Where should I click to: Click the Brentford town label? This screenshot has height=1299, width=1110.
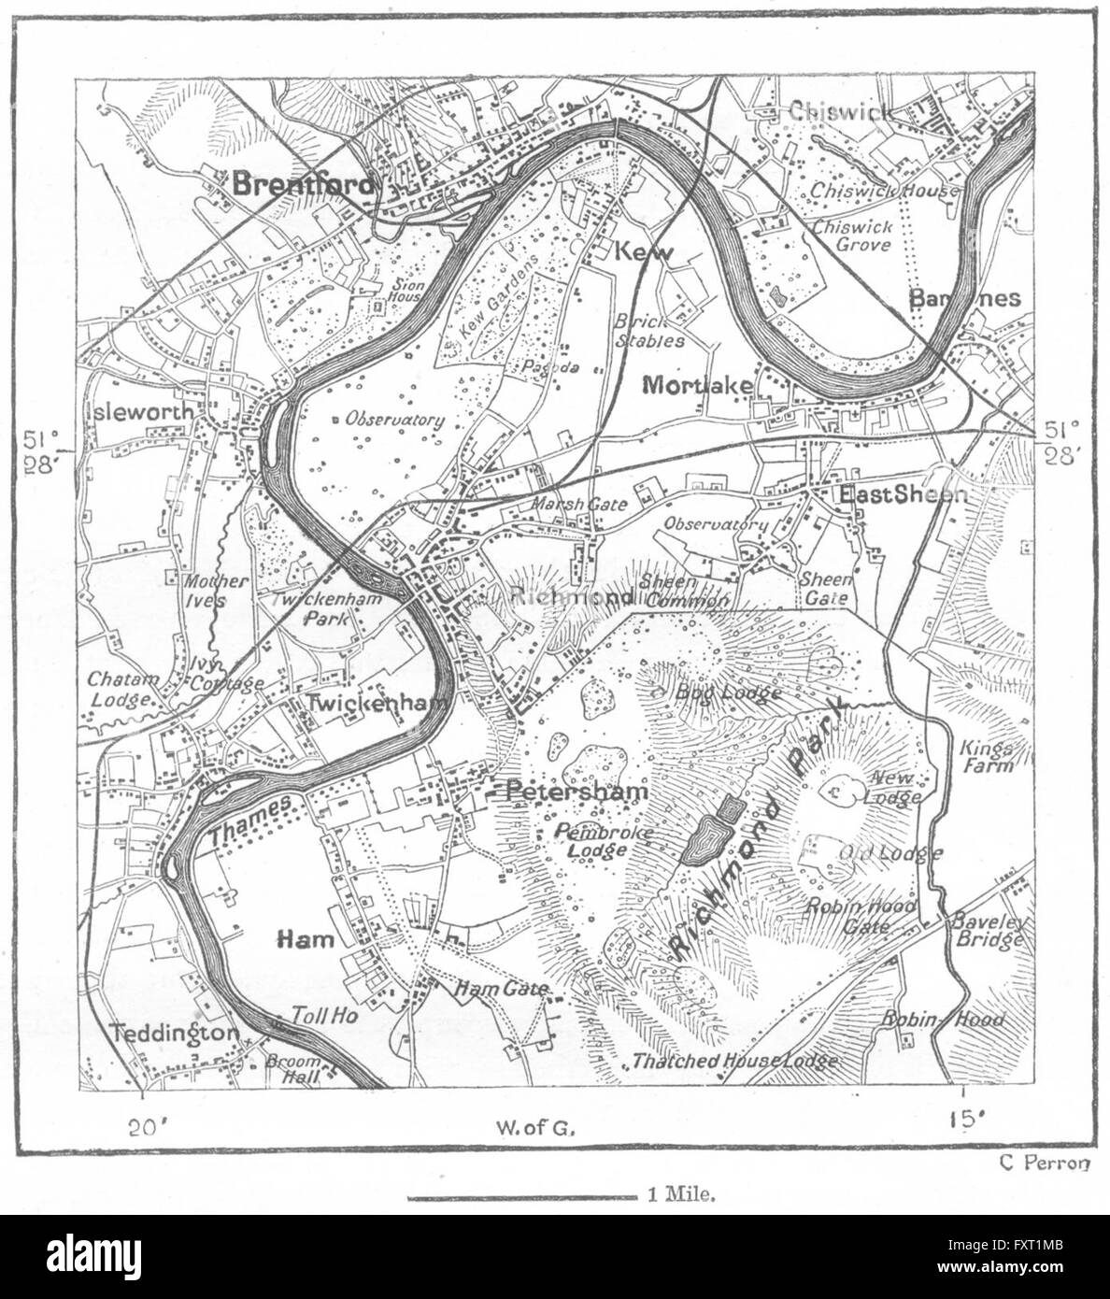(x=303, y=184)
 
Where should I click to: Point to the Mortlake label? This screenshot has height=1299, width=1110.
(x=692, y=384)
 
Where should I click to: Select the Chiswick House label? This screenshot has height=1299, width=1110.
(x=884, y=190)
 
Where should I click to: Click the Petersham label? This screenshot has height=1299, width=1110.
(x=576, y=792)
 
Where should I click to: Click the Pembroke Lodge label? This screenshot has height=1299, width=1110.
(x=589, y=839)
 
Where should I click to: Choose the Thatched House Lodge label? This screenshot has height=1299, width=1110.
(x=734, y=1061)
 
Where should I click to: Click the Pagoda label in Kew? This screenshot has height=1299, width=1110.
(x=551, y=367)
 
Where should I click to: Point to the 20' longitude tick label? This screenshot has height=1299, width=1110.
(x=143, y=1126)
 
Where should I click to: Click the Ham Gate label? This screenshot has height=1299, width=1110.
(x=501, y=988)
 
